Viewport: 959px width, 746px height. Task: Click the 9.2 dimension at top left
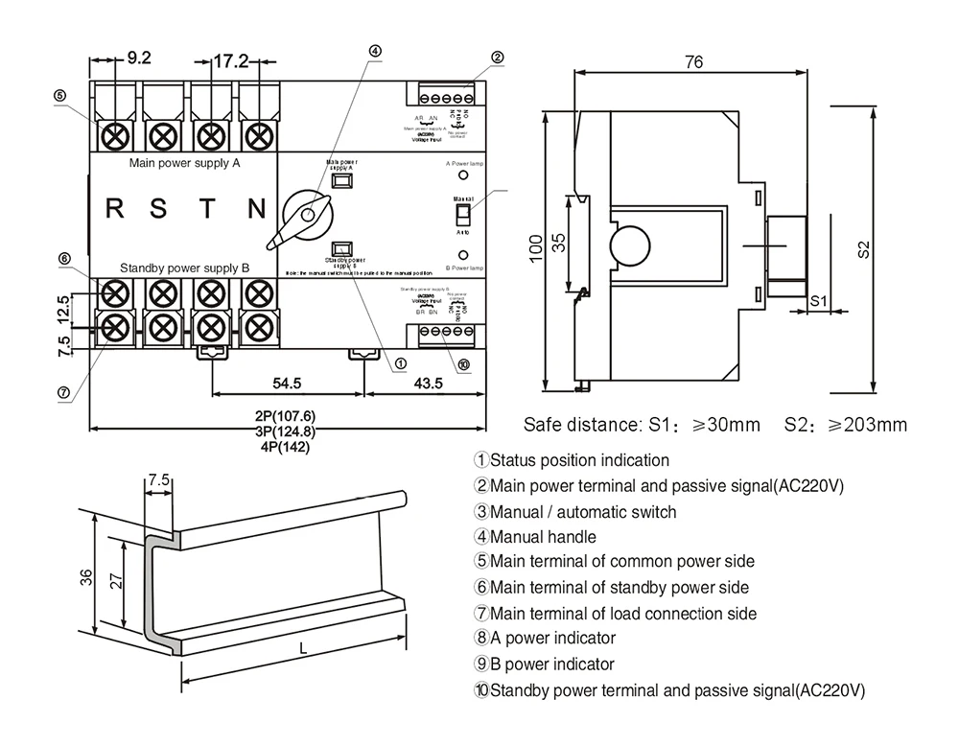click(139, 58)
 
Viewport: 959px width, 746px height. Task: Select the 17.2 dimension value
click(230, 61)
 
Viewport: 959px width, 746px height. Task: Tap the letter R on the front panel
click(114, 208)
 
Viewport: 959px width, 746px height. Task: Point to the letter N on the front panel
click(256, 208)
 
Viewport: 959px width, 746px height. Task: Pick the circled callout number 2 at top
click(497, 57)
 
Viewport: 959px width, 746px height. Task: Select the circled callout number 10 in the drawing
click(464, 364)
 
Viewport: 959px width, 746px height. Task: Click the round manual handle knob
click(308, 214)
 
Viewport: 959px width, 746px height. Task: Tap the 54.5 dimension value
click(287, 383)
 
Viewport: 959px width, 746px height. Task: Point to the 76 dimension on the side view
click(694, 62)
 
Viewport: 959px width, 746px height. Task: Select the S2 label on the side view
click(864, 248)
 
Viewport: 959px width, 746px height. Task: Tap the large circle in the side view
click(635, 245)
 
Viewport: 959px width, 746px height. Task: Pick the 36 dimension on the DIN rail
click(86, 577)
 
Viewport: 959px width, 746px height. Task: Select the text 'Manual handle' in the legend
click(543, 537)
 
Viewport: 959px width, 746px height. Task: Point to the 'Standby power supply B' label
click(184, 268)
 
